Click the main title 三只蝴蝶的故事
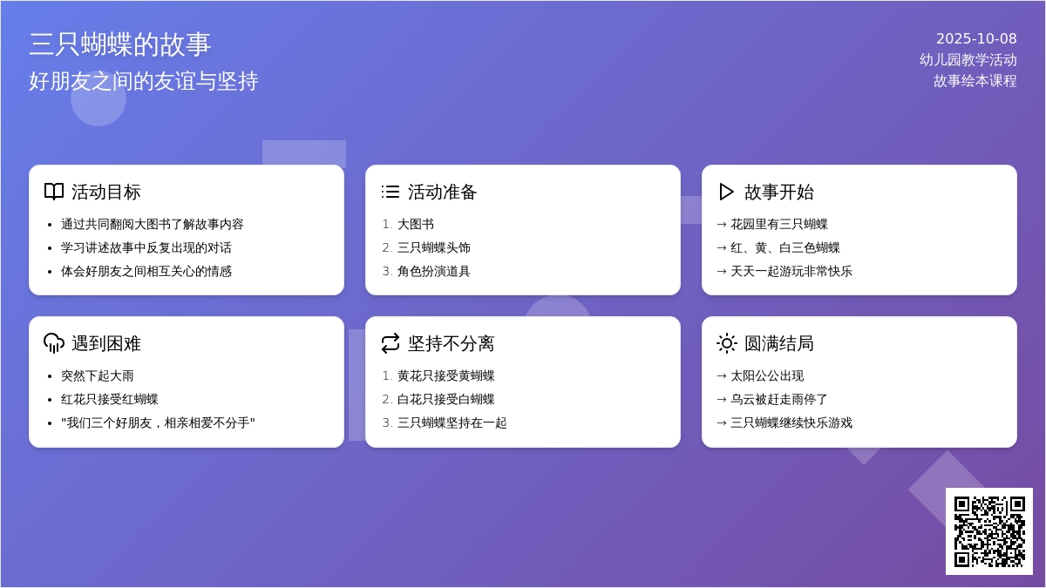120,44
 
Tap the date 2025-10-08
976,38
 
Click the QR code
989,531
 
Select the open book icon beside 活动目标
54,192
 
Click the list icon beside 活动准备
391,192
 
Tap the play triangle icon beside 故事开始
726,192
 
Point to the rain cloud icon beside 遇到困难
54,343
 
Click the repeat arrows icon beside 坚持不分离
391,343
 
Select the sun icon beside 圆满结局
727,343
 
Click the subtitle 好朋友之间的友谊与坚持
143,81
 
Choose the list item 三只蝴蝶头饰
434,247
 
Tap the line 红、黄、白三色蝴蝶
785,247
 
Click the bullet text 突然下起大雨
97,375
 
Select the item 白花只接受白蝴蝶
446,399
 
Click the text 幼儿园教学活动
968,60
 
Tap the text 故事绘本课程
975,81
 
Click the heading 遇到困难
106,343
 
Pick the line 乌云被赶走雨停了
779,399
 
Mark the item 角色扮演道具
434,271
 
